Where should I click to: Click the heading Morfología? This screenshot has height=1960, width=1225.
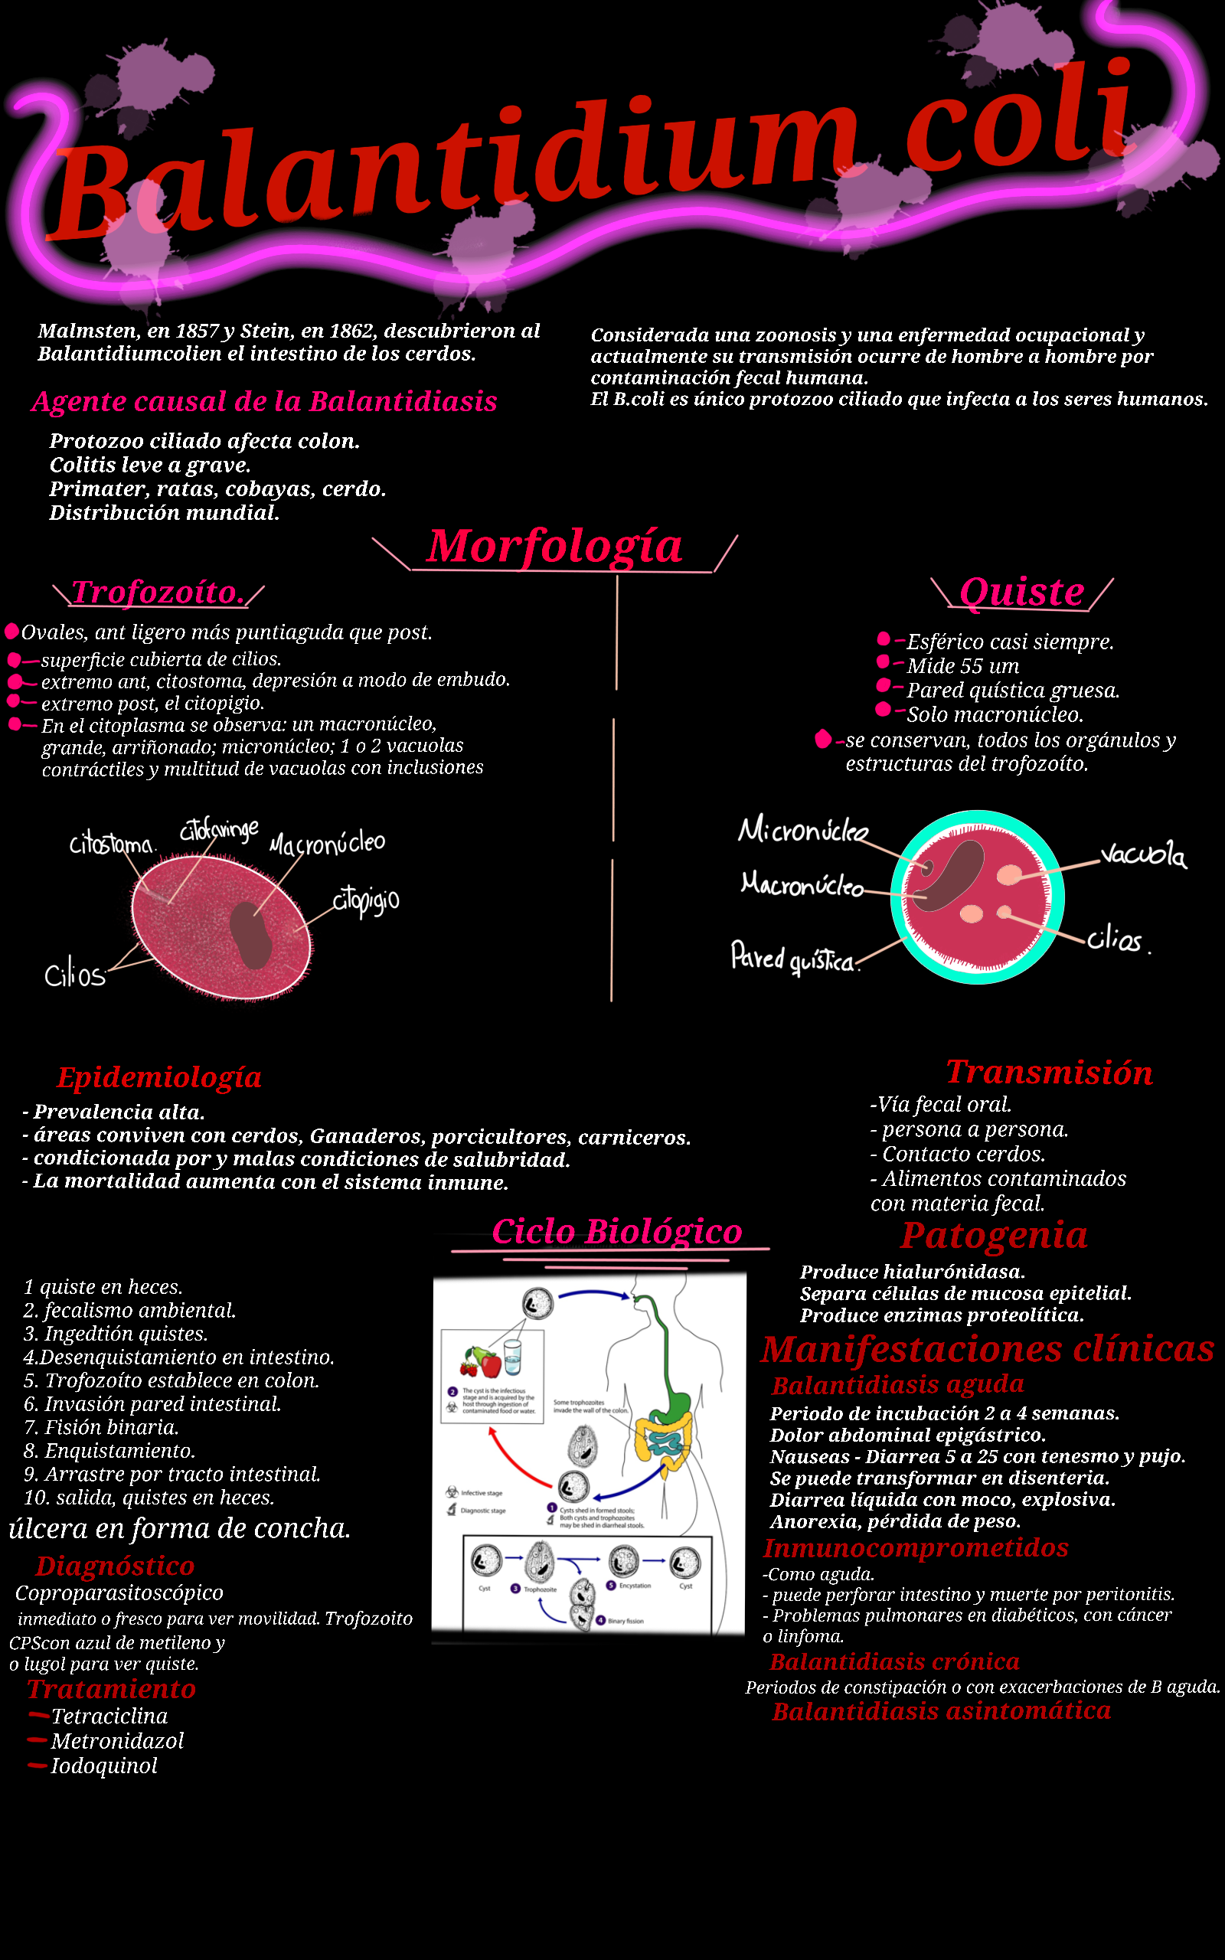point(555,546)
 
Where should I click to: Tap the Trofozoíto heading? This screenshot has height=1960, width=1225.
point(158,592)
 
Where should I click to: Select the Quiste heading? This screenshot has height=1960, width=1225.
point(1021,592)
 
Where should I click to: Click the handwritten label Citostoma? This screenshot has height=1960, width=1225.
point(111,844)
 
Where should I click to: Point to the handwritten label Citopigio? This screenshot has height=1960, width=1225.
point(366,900)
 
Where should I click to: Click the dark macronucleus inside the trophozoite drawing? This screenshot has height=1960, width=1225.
point(250,935)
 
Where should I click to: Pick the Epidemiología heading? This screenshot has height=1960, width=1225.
point(158,1077)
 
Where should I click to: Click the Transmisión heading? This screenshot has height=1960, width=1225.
point(1049,1073)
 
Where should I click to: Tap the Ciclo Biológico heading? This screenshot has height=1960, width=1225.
point(616,1232)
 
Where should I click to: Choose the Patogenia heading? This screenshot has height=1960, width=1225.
point(994,1236)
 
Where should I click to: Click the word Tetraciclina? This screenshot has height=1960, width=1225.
point(109,1717)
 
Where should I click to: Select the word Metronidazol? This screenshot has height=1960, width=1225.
point(117,1741)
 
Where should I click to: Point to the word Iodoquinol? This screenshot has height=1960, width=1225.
point(103,1766)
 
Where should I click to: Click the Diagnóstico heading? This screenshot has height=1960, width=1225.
point(115,1566)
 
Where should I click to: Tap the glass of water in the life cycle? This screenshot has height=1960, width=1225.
point(513,1357)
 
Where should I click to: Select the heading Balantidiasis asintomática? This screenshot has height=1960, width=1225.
point(941,1711)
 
